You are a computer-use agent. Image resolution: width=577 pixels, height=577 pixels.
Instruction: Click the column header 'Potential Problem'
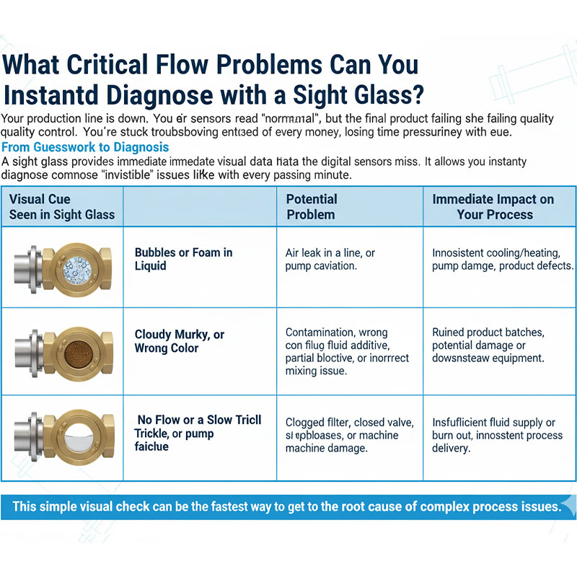(x=312, y=206)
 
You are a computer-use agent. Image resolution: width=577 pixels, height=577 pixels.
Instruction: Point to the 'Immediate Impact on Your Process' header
(x=494, y=206)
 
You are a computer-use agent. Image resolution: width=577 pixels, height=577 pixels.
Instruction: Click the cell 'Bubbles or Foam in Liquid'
(x=183, y=259)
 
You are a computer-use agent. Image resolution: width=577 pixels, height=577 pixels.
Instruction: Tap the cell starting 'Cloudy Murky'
(x=180, y=341)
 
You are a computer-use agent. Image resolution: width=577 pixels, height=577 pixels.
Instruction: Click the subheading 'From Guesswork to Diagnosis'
(x=85, y=148)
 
